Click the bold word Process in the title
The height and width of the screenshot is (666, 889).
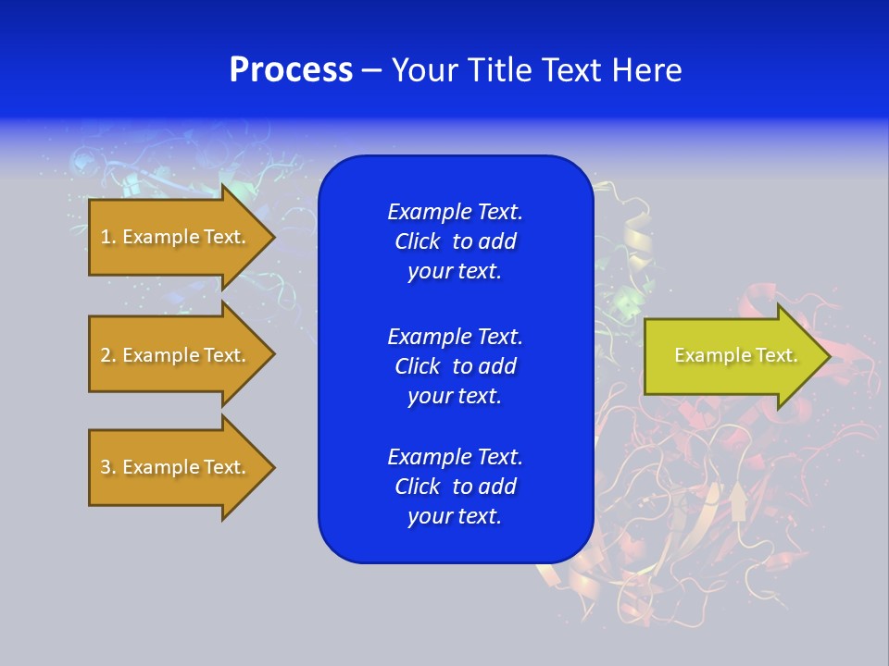(291, 70)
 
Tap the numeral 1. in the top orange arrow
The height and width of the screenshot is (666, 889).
(108, 237)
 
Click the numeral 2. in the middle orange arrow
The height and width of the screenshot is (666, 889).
(108, 355)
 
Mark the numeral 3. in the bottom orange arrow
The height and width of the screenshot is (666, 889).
(108, 467)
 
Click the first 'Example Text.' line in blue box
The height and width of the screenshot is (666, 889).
(455, 212)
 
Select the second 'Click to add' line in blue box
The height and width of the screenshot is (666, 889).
(455, 366)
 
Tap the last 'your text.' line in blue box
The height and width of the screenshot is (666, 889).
(455, 516)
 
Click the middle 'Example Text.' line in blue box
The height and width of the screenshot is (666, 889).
(455, 336)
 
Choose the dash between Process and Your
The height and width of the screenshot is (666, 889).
(371, 70)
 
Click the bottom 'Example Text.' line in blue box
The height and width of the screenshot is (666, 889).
(455, 457)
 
